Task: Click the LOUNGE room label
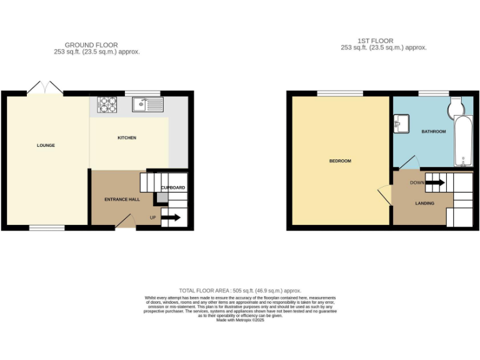46,146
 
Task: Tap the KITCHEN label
127,137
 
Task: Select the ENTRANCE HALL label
121,199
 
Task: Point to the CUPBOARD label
173,187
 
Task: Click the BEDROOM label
340,161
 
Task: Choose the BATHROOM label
433,132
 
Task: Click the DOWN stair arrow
436,182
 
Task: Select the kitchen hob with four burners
107,104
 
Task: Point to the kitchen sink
147,104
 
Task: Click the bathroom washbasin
400,123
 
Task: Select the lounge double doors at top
45,89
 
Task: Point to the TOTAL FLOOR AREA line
240,291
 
